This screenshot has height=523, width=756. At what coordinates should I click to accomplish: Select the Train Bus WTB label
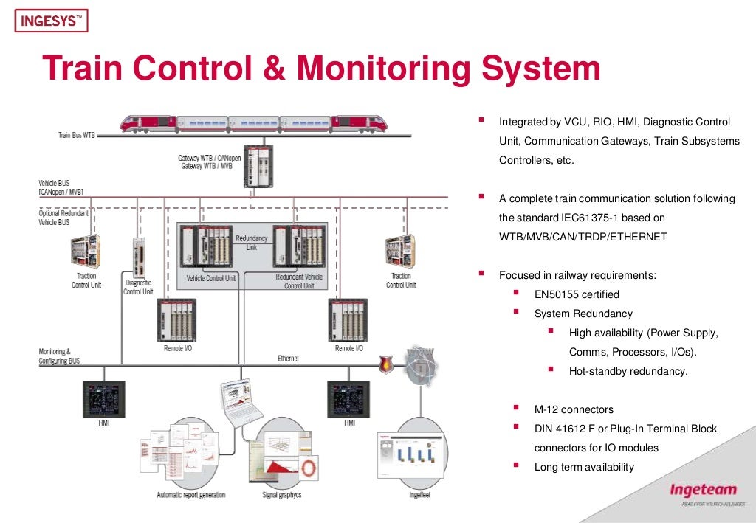click(x=76, y=135)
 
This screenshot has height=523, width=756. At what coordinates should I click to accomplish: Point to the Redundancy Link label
click(x=251, y=243)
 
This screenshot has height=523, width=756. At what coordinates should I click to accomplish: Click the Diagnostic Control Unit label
click(x=138, y=287)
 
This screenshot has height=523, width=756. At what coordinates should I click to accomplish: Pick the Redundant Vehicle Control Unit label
click(x=299, y=282)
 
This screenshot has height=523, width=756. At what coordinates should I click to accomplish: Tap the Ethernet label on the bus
click(x=288, y=359)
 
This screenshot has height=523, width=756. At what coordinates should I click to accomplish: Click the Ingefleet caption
click(x=420, y=495)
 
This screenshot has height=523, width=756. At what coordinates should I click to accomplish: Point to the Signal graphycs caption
click(x=281, y=495)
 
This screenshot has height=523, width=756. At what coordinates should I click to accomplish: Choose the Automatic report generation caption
click(x=190, y=495)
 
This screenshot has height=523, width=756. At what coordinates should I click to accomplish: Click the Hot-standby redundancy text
click(x=628, y=371)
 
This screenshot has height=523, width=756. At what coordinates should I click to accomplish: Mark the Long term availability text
click(x=583, y=467)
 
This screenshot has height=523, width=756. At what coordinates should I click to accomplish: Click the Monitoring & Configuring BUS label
click(x=59, y=356)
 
